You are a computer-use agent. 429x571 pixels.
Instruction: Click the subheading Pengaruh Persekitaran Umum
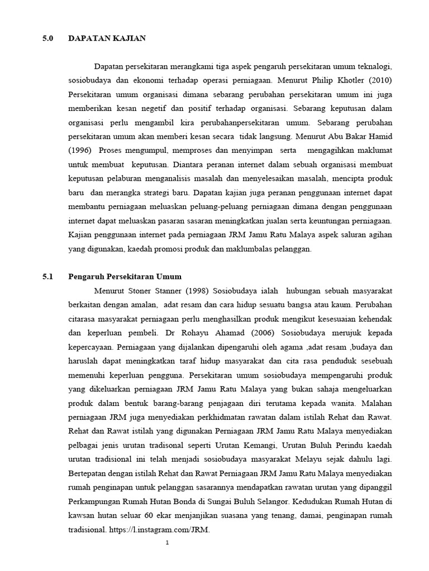point(125,277)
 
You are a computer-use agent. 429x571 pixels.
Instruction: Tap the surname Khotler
point(347,79)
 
